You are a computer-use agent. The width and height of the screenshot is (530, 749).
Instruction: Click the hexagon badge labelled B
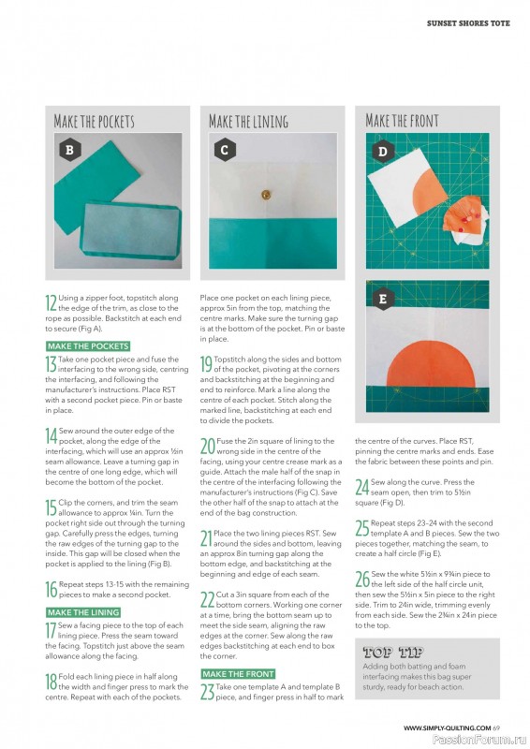tap(70, 150)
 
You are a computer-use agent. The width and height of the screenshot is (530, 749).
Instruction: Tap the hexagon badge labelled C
tap(224, 150)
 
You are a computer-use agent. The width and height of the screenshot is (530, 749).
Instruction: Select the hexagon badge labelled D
tap(382, 152)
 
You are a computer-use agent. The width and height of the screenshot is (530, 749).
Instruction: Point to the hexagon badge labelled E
tap(382, 299)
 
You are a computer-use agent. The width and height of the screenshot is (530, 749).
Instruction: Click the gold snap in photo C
tap(266, 195)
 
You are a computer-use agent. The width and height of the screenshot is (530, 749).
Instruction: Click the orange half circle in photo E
tap(431, 364)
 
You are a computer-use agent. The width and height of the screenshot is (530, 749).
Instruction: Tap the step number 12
tap(52, 302)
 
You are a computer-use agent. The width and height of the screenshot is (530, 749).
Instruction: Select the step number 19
tap(206, 364)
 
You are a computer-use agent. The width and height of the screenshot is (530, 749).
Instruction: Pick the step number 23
tap(208, 692)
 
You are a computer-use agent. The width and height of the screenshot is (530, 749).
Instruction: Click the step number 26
tap(362, 579)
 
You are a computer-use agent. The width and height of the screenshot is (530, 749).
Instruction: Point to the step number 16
tap(52, 590)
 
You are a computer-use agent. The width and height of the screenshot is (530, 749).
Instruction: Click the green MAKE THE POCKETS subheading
tap(88, 346)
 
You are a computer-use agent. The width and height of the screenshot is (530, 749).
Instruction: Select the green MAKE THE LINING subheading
tap(83, 612)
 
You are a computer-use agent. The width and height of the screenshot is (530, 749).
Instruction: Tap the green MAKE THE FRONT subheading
tap(238, 674)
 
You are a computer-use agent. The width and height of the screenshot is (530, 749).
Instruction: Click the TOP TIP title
tap(393, 652)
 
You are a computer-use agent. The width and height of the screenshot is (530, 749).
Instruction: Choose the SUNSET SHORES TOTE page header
tap(468, 22)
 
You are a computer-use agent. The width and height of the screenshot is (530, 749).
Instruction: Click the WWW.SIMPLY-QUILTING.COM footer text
tap(447, 728)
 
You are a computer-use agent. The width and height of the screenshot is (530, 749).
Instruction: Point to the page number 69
tap(496, 728)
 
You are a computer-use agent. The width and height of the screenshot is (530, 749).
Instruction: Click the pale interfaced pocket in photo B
tap(130, 229)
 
